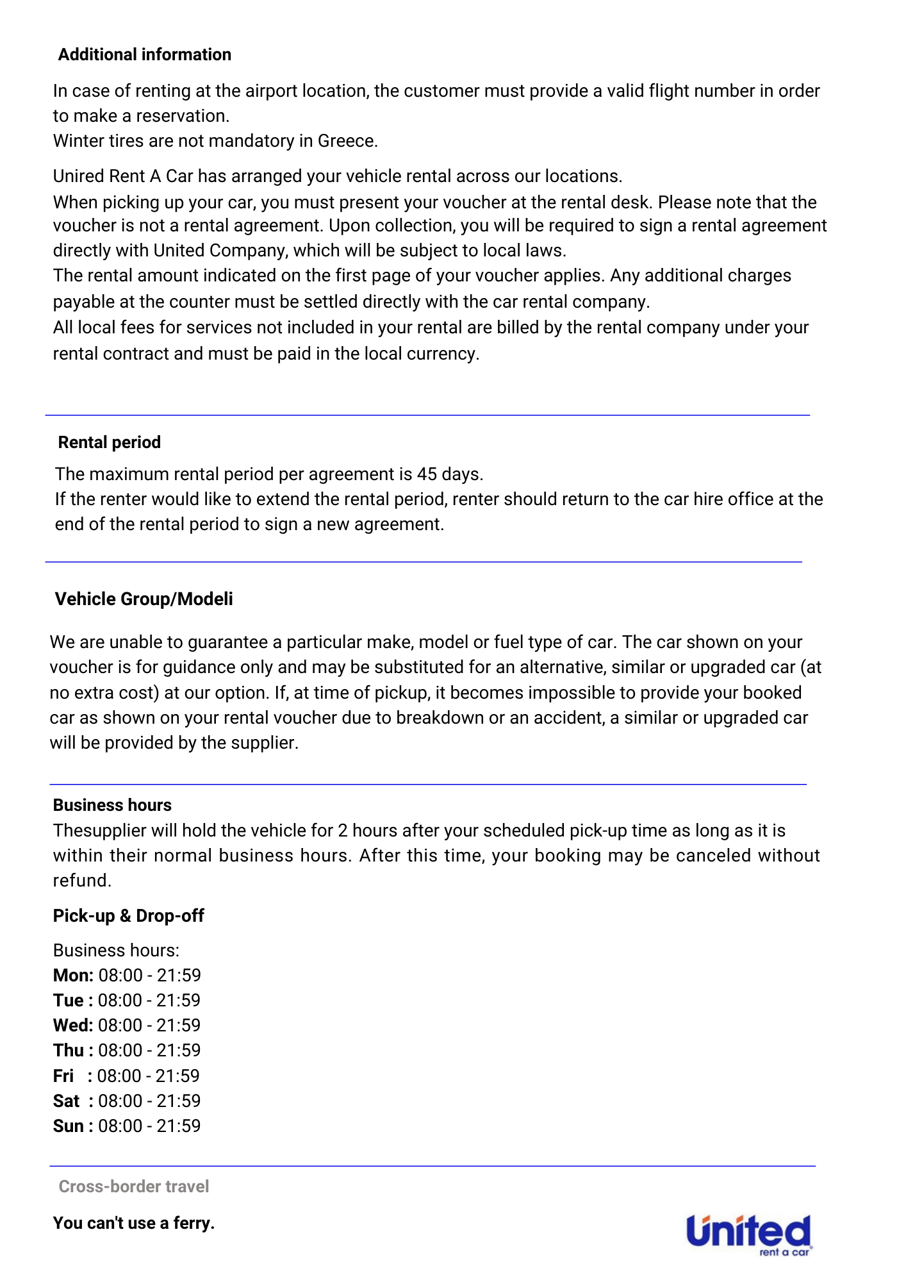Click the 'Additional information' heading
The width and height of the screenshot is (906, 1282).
(x=144, y=54)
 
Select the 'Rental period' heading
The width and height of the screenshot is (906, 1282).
(x=109, y=442)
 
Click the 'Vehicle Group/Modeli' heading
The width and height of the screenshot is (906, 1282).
(x=144, y=599)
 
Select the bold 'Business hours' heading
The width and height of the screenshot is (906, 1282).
(x=112, y=805)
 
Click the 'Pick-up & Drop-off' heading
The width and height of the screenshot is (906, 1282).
(x=128, y=916)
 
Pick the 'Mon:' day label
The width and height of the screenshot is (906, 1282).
(x=73, y=976)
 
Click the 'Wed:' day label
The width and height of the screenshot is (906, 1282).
(x=73, y=1026)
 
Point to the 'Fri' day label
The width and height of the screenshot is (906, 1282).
(x=63, y=1076)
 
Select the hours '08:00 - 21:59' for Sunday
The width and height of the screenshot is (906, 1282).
(x=149, y=1126)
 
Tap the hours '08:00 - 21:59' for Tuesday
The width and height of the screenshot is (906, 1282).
(x=149, y=1001)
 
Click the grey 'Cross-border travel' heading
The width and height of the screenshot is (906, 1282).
(x=133, y=1186)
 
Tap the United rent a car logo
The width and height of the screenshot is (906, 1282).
(x=748, y=1234)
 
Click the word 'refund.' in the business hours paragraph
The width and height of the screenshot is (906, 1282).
(x=82, y=881)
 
